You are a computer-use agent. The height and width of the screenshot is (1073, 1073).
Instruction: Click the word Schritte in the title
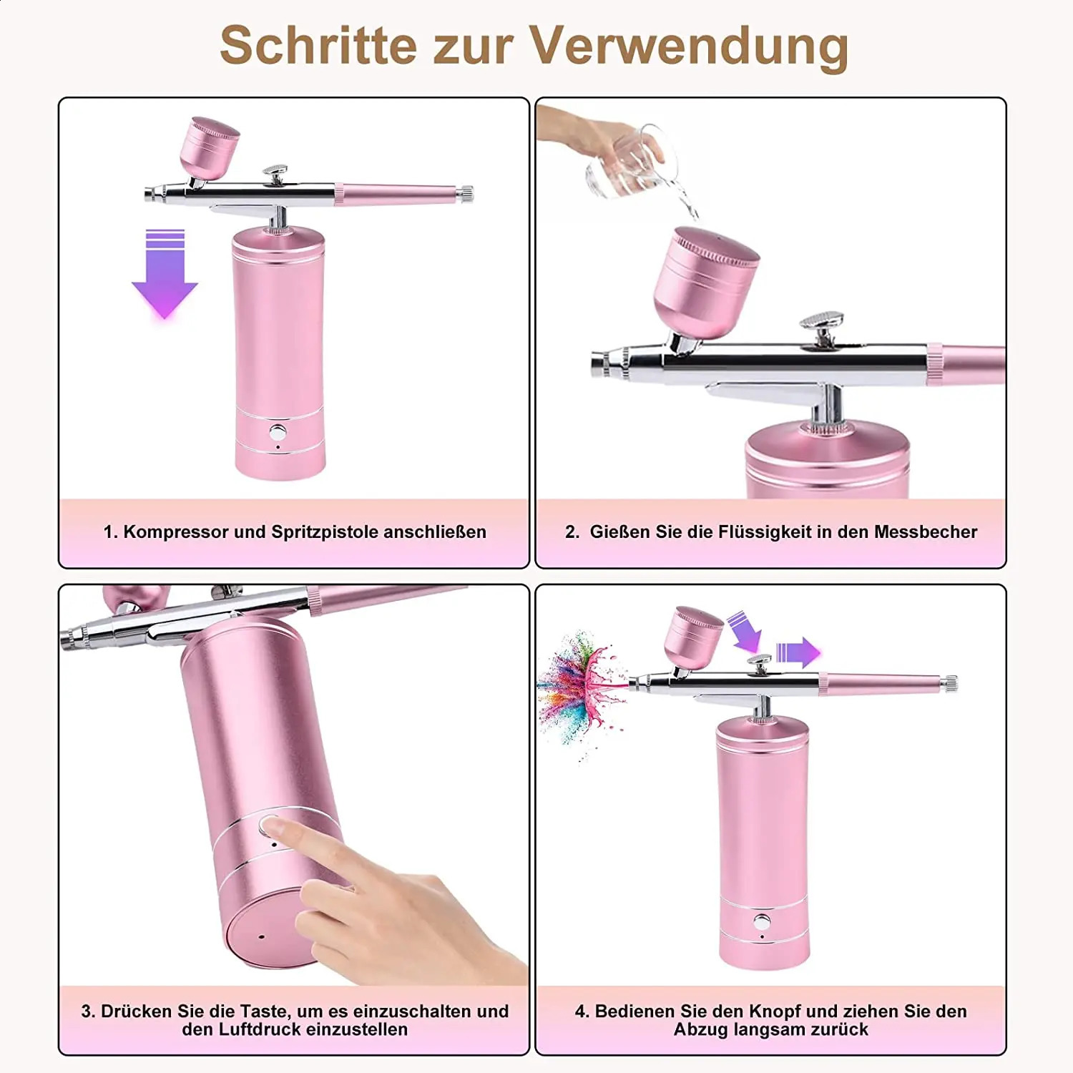point(318,46)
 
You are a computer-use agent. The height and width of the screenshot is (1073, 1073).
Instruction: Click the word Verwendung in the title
point(689,47)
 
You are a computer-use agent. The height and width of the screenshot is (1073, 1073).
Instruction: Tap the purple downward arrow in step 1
point(165,274)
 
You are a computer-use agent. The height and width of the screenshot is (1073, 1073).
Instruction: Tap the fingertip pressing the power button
point(272,828)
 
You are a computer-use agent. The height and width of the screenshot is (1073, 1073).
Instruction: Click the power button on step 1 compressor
point(278,433)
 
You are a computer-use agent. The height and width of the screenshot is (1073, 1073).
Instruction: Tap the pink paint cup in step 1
point(208,147)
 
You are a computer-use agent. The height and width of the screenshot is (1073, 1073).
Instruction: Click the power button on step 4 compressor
point(763,922)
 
